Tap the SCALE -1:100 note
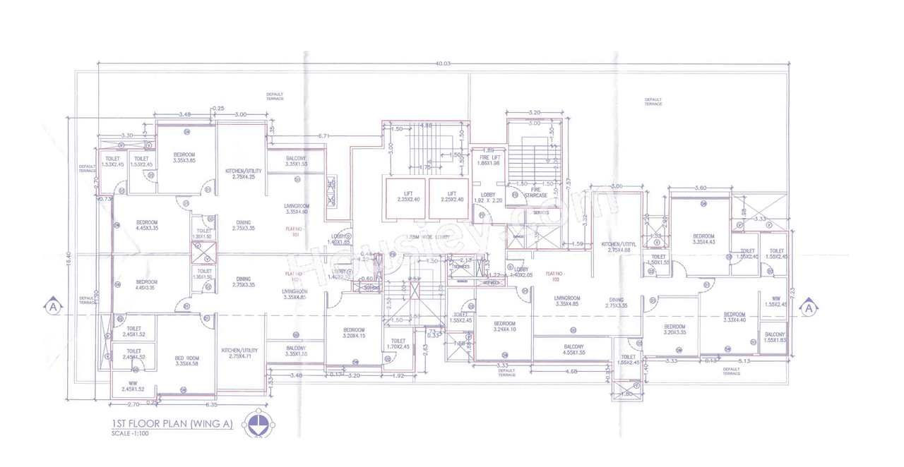(x=131, y=433)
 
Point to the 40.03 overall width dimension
(x=443, y=63)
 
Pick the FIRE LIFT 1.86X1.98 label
(x=488, y=160)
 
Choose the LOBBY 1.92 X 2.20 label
(x=488, y=198)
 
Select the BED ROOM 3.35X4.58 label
(x=187, y=361)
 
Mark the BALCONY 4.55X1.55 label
(x=573, y=349)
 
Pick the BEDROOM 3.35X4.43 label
(x=703, y=239)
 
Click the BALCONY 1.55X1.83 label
(x=775, y=337)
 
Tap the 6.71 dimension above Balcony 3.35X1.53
(x=324, y=135)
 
